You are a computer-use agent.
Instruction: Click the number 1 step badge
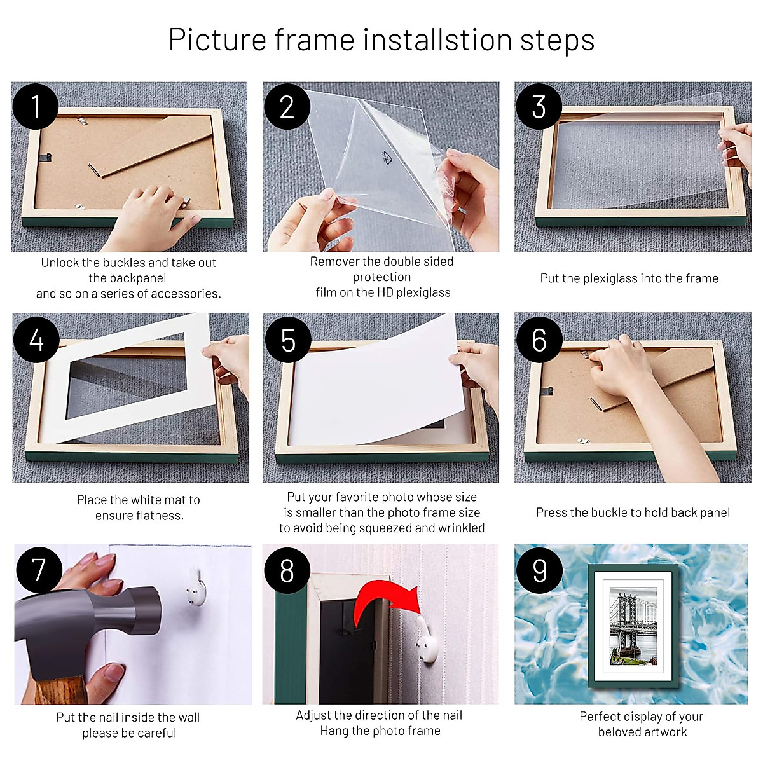tap(36, 106)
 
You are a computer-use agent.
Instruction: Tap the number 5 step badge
tap(287, 340)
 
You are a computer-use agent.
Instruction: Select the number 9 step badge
tap(539, 569)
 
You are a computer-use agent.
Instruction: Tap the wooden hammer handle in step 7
tap(60, 690)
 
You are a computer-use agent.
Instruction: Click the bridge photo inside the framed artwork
tap(633, 626)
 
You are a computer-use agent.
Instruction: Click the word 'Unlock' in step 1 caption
tap(60, 263)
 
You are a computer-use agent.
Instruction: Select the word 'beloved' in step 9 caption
tap(619, 732)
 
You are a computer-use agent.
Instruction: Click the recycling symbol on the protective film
tap(387, 158)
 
